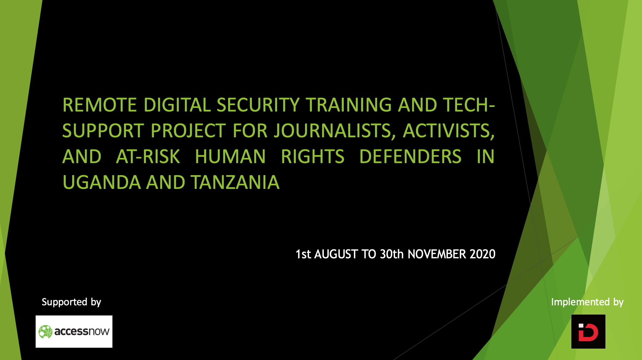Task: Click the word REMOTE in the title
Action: [x=100, y=105]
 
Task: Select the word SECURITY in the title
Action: [x=258, y=105]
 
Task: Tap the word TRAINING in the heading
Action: [x=349, y=105]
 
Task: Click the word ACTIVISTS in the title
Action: [x=448, y=131]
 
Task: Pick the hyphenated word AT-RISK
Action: [x=148, y=157]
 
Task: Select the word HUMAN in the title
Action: [x=230, y=157]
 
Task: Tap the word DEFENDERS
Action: [x=410, y=157]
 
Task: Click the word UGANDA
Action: [x=101, y=182]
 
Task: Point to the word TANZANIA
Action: [x=235, y=182]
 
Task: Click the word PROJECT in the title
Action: [x=188, y=131]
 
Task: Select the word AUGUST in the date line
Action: [x=336, y=254]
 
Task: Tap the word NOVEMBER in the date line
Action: [x=437, y=254]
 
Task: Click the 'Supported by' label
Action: [x=71, y=302]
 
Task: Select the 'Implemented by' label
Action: [x=587, y=302]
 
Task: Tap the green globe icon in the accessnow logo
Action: [x=45, y=332]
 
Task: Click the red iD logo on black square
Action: [x=588, y=332]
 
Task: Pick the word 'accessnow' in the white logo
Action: [x=82, y=331]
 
